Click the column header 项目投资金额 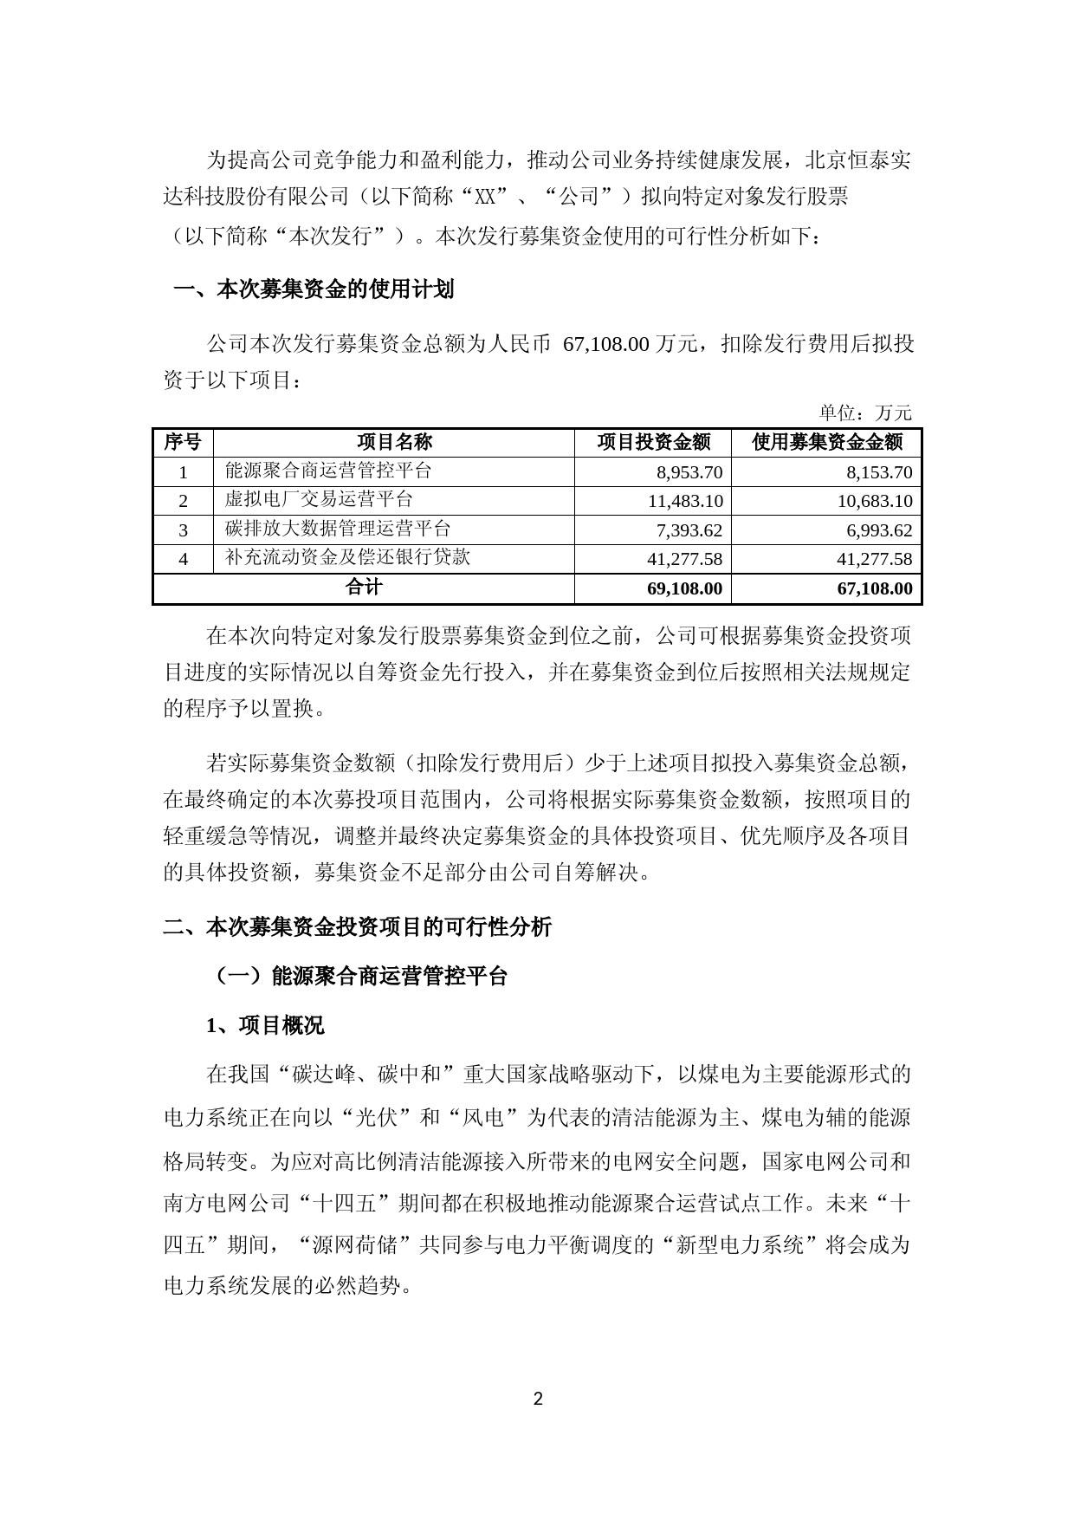[x=653, y=442]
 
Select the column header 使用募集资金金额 [x=826, y=442]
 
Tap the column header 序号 [x=183, y=442]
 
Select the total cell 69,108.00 [x=683, y=588]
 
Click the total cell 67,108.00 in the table [x=874, y=588]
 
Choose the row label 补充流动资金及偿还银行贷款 [x=347, y=557]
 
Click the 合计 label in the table [x=364, y=588]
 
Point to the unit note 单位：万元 [x=865, y=412]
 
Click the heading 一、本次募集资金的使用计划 [x=314, y=289]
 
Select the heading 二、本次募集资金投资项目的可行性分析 [x=357, y=926]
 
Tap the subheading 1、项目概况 [x=265, y=1025]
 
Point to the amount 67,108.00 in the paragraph [x=605, y=344]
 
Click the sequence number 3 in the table [x=183, y=530]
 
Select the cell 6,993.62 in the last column [x=874, y=530]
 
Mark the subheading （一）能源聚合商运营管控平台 [x=359, y=976]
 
